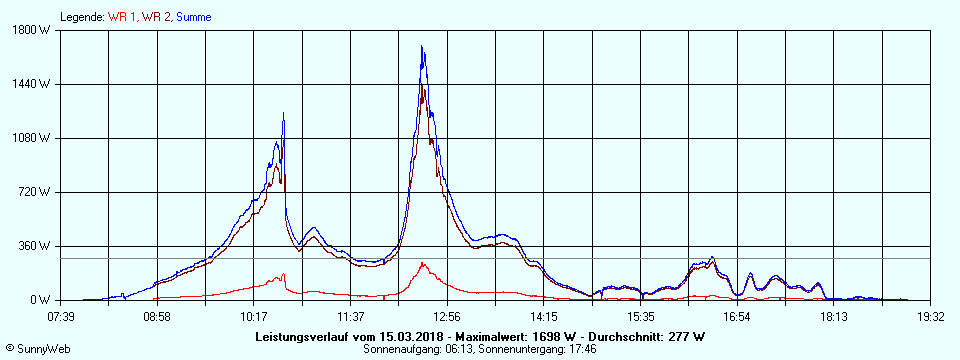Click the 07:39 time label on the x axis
61,317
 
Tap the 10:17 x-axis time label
254,317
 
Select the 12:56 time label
447,317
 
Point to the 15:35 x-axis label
640,317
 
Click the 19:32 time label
930,317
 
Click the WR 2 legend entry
156,16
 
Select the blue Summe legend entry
192,16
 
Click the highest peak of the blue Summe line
422,46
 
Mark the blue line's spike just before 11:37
283,112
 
